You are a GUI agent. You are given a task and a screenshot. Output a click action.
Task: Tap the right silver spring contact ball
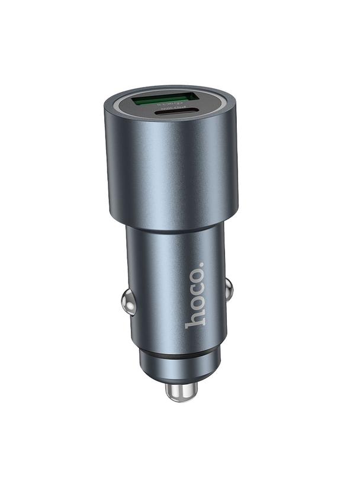[x=229, y=288]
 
